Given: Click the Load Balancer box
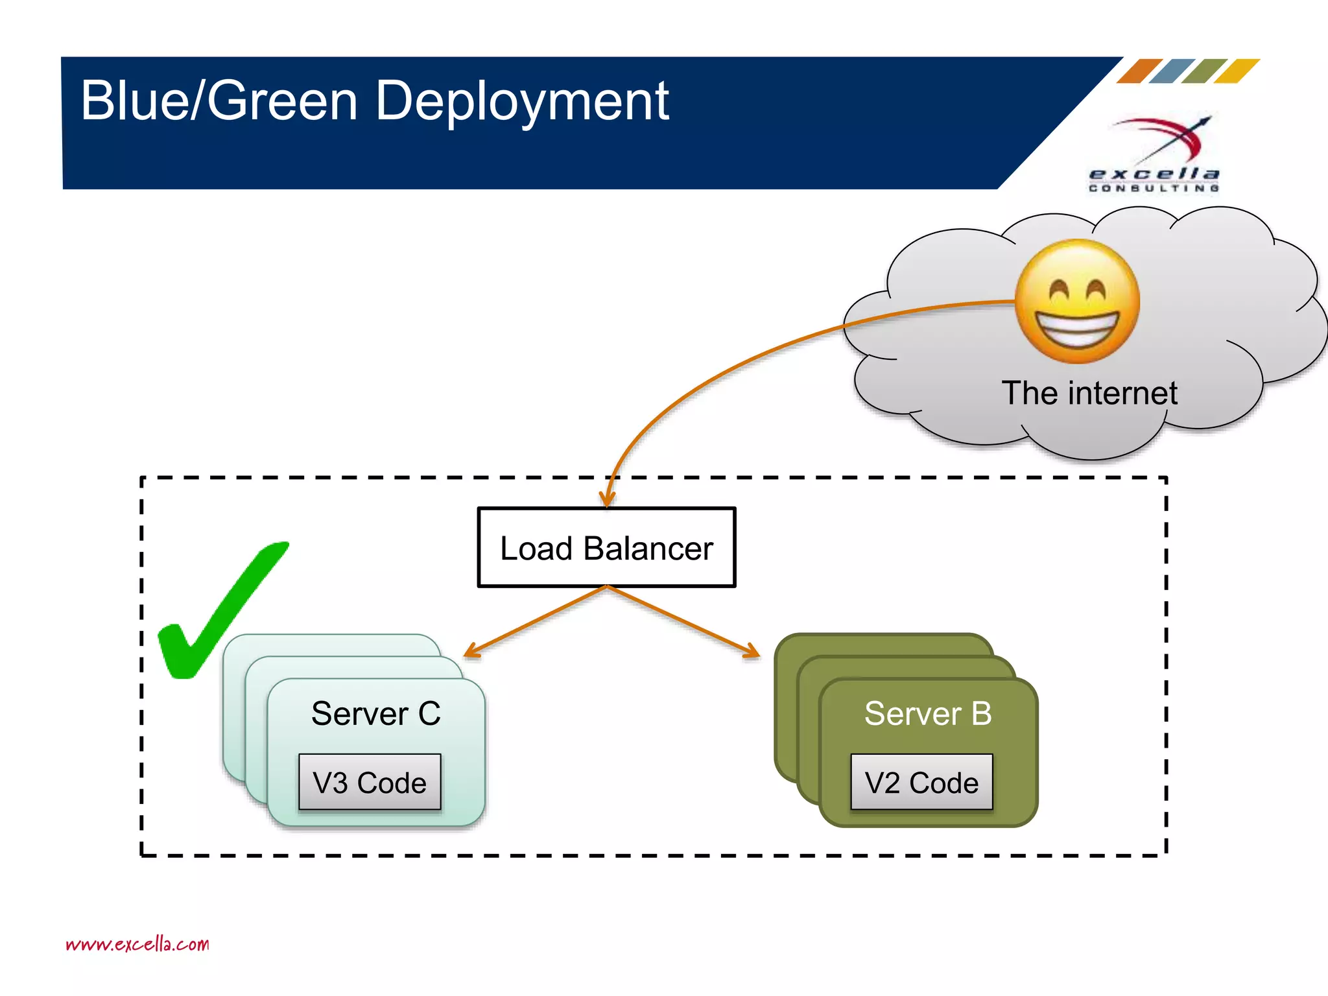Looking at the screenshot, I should click(606, 548).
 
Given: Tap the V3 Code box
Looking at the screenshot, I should click(370, 783).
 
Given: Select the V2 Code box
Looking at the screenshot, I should click(921, 783).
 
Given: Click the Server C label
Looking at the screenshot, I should click(376, 714).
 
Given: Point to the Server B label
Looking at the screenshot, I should click(928, 714).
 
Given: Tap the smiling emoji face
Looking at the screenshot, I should click(1077, 302).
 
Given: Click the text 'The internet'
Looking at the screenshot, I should click(1089, 393).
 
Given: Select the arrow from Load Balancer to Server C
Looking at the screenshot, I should click(535, 621).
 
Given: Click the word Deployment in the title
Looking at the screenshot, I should click(522, 102).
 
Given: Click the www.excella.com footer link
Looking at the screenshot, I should click(137, 944).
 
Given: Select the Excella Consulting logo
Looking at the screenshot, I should click(1155, 156).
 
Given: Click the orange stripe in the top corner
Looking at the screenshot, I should click(1139, 71).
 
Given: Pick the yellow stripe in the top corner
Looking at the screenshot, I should click(1237, 71).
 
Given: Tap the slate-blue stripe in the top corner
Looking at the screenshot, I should click(1172, 71).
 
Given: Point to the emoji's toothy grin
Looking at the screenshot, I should click(1077, 327).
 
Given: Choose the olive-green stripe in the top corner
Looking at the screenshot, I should click(1204, 71).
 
